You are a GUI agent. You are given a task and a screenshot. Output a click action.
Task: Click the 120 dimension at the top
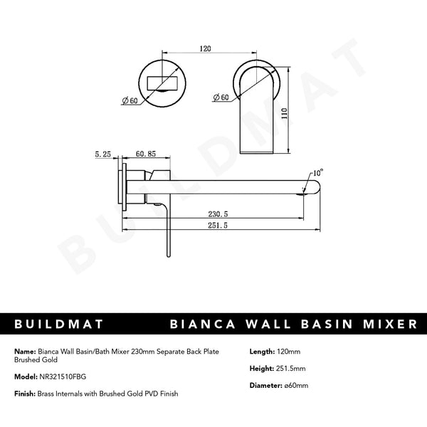coord(205,51)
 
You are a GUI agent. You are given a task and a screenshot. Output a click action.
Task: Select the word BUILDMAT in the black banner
coord(56,324)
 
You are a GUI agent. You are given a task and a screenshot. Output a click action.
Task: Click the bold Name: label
coord(24,352)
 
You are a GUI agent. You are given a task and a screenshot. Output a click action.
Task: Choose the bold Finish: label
coord(25,394)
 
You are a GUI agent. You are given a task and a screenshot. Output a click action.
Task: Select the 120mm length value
coord(290,352)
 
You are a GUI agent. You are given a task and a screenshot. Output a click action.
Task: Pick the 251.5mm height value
coord(292,369)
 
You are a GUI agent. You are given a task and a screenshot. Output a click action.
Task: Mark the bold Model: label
coord(25,377)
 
